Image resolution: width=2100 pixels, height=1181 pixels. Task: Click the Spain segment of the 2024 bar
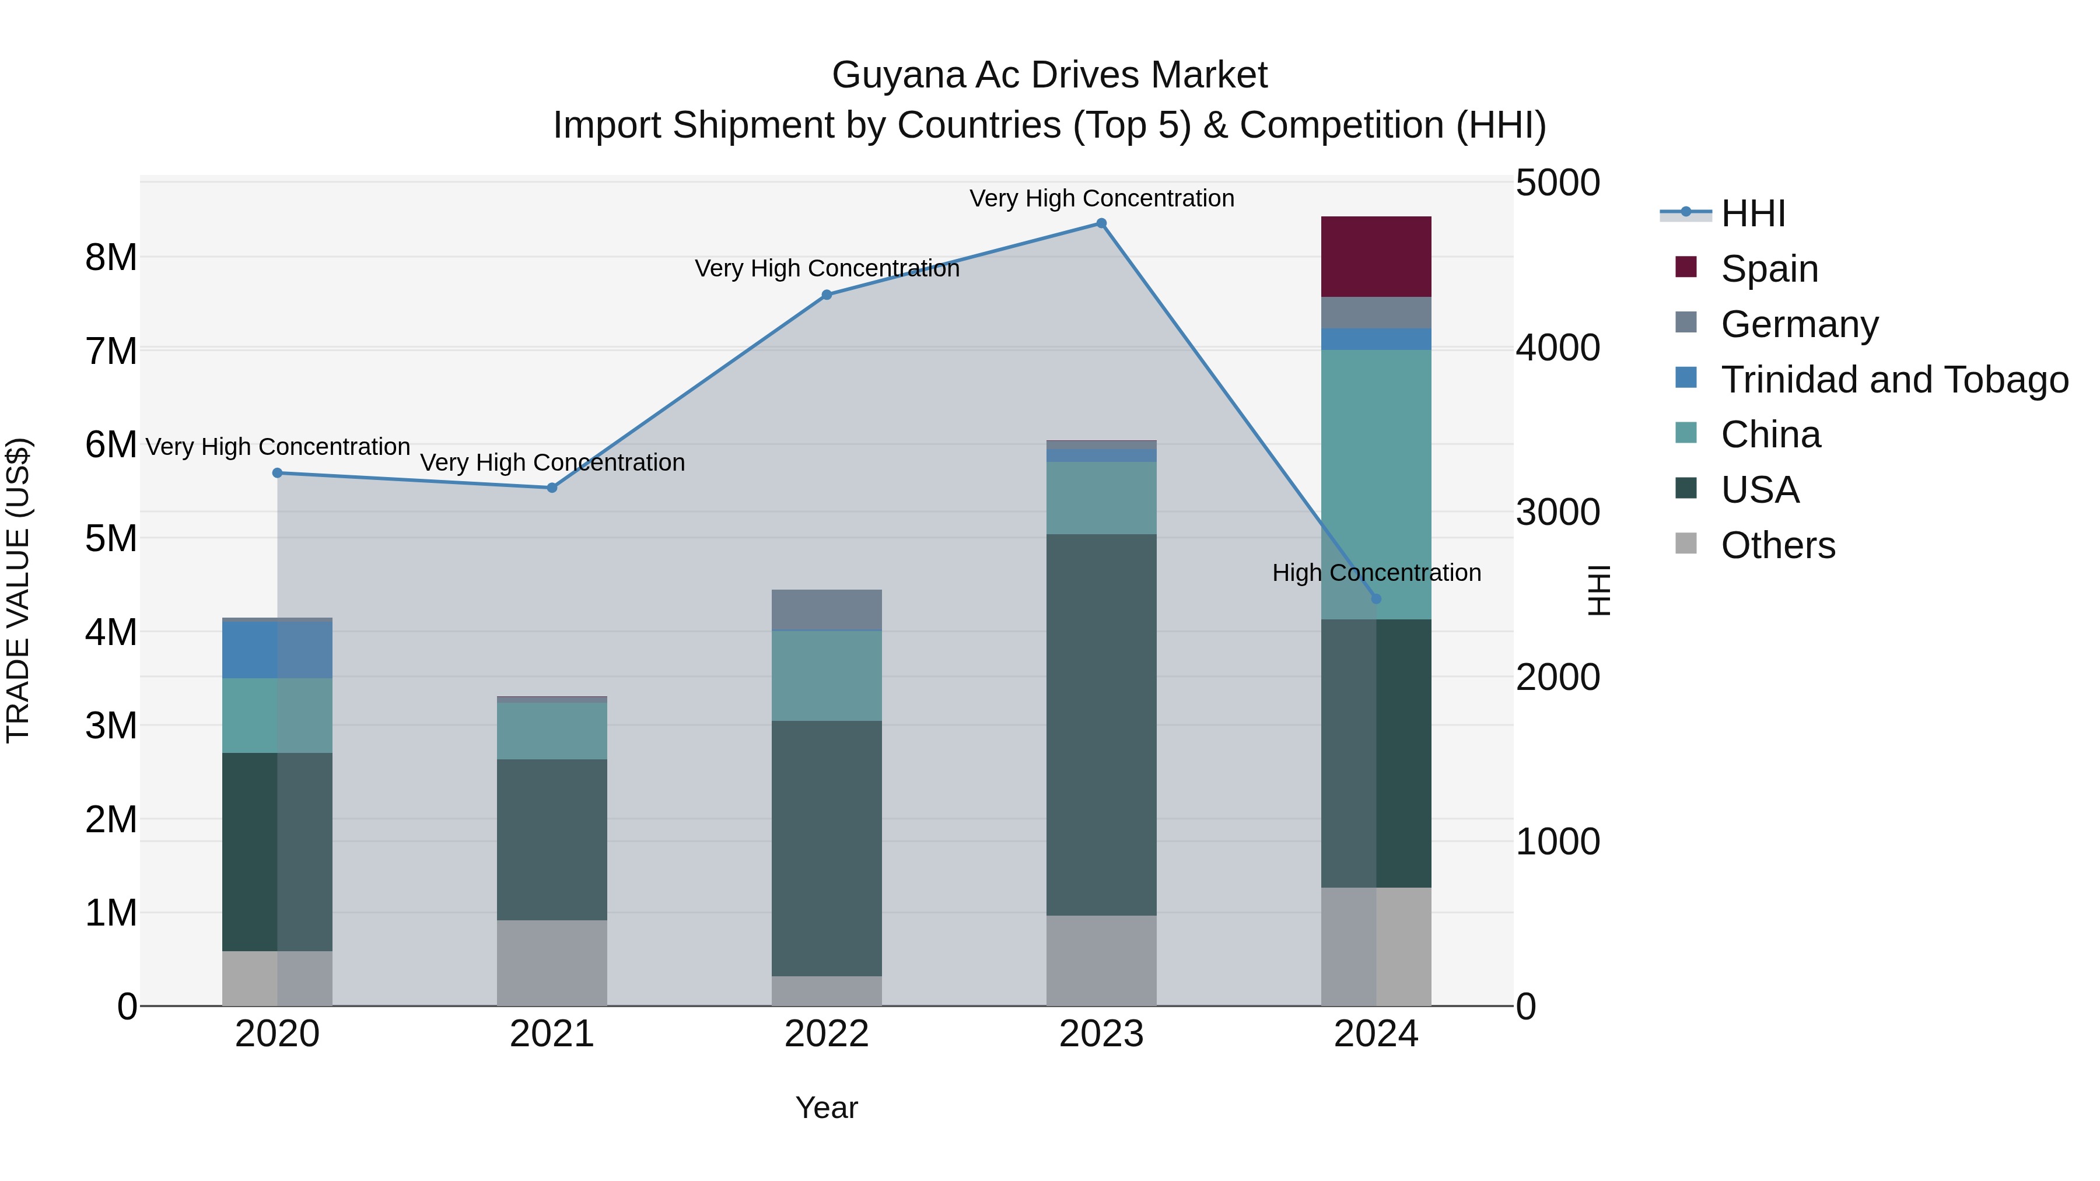click(x=1375, y=257)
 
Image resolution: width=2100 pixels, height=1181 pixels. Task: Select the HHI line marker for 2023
click(x=1101, y=223)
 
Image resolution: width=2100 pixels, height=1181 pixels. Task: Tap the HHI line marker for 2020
click(x=277, y=473)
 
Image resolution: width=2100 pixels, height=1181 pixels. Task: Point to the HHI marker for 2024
click(x=1376, y=599)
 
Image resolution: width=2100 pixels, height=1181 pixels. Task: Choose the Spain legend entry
click(x=1769, y=268)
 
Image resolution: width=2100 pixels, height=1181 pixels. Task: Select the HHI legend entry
click(x=1753, y=213)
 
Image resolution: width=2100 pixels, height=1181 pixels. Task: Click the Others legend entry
click(x=1777, y=545)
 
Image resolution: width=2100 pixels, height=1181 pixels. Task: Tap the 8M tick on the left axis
click(x=111, y=258)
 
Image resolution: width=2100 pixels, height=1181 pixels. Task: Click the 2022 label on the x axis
click(x=827, y=1034)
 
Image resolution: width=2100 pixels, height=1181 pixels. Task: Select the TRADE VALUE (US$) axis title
click(x=18, y=590)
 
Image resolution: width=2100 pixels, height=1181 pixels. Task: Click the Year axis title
click(x=827, y=1108)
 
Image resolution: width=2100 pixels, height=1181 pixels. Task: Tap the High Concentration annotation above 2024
click(x=1376, y=573)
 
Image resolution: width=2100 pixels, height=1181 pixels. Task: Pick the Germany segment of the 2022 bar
click(x=827, y=609)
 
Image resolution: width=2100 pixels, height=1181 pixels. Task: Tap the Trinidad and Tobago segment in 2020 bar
click(x=277, y=650)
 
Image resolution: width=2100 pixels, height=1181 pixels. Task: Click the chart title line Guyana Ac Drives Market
click(x=1049, y=75)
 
